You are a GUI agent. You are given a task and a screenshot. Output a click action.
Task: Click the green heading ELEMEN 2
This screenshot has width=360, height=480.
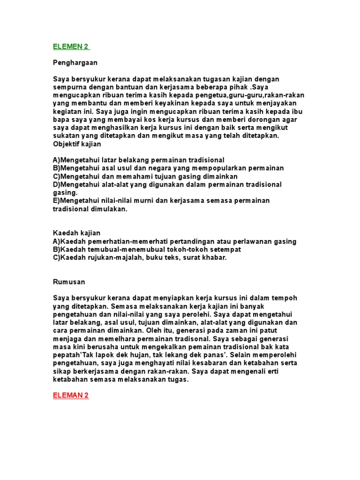click(71, 46)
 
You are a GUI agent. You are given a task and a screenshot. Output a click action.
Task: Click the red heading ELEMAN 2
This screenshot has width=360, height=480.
click(71, 395)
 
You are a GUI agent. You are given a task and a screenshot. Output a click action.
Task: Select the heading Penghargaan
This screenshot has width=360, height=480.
click(75, 62)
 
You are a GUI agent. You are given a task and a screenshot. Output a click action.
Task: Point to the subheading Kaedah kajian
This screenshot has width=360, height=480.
click(76, 233)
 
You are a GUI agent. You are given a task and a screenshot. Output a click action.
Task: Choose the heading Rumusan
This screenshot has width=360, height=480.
click(68, 282)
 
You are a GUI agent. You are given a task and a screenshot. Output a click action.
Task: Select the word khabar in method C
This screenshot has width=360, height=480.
click(215, 258)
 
